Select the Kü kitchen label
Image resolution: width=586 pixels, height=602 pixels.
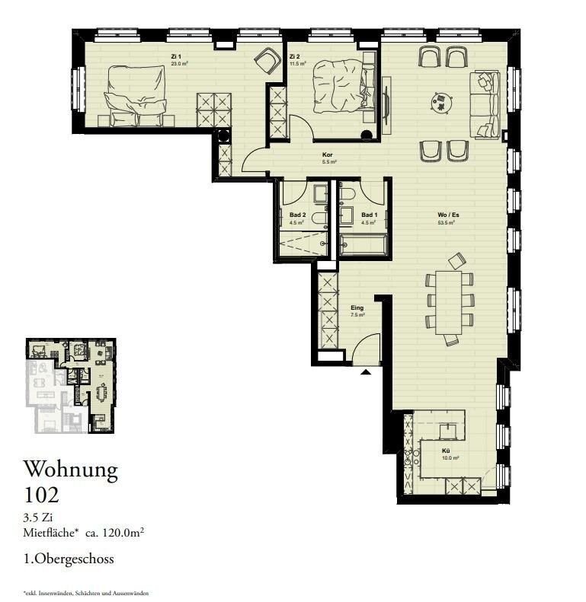pos(447,451)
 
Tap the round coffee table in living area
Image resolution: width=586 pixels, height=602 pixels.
pos(441,99)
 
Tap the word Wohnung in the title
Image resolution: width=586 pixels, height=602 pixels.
pos(71,470)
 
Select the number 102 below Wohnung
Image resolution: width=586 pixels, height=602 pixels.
pos(41,495)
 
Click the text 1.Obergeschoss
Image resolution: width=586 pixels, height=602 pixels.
pos(69,559)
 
